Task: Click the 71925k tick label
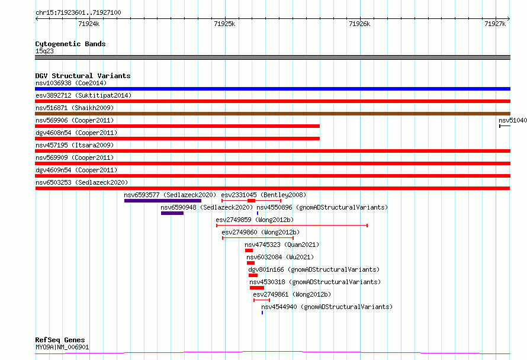(x=224, y=24)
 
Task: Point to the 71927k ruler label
(x=495, y=24)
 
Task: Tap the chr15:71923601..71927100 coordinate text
(x=78, y=12)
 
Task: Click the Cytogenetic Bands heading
(x=70, y=44)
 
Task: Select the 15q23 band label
(x=44, y=51)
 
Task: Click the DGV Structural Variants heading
(x=83, y=76)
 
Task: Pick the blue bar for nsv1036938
(x=272, y=89)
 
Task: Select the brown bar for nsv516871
(x=272, y=114)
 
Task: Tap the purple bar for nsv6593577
(x=163, y=201)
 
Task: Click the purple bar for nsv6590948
(x=172, y=213)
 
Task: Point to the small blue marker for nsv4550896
(x=258, y=213)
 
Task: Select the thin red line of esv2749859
(x=292, y=226)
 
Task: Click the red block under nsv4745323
(x=249, y=250)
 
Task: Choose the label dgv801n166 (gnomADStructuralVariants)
(x=314, y=269)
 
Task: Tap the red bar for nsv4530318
(x=257, y=288)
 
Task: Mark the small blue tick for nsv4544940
(x=262, y=313)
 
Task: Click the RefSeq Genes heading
(x=60, y=340)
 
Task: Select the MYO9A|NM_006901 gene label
(x=62, y=347)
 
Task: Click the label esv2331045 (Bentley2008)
(x=263, y=195)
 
